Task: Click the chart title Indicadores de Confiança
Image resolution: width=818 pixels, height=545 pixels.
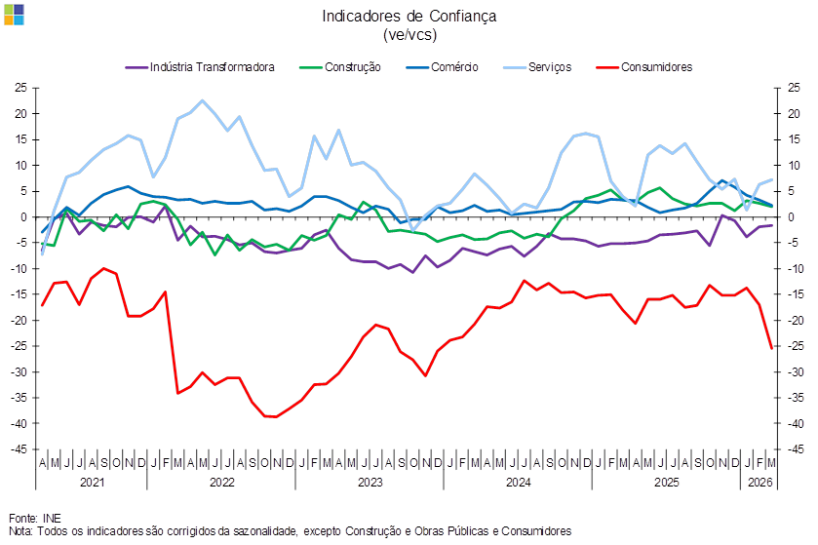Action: (409, 16)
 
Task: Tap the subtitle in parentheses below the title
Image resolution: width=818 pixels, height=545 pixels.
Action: (409, 34)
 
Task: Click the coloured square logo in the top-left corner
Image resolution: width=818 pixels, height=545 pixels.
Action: (14, 13)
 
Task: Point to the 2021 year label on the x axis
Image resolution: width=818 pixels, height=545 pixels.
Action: (92, 482)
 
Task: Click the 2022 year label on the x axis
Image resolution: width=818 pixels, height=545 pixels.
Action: (221, 482)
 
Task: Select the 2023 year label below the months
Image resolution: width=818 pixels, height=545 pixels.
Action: (370, 482)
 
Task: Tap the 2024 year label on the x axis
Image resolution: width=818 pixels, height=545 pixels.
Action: (518, 482)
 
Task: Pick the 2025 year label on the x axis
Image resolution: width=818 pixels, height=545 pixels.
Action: (666, 482)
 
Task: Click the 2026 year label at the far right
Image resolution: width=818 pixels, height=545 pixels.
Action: (760, 482)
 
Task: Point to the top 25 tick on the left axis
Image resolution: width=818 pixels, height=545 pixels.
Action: (19, 88)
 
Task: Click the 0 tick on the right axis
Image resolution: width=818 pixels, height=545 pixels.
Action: (786, 217)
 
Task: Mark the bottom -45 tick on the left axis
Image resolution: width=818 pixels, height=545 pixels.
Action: (19, 449)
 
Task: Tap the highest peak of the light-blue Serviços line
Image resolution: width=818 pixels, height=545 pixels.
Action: (202, 100)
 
